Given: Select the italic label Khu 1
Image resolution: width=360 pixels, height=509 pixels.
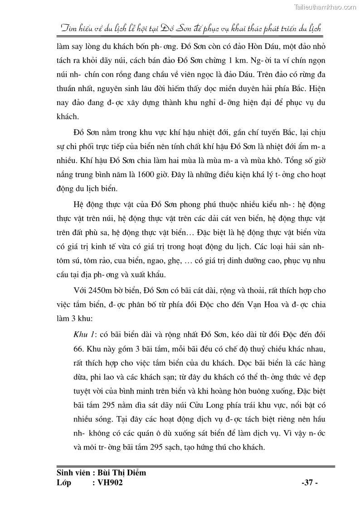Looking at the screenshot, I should point(84,334).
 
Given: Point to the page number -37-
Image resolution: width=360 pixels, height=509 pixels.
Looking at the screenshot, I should point(310,483).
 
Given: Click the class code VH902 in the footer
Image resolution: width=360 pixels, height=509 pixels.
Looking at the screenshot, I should point(107,483).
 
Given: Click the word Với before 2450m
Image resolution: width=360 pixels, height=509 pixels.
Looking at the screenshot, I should point(81,290).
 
